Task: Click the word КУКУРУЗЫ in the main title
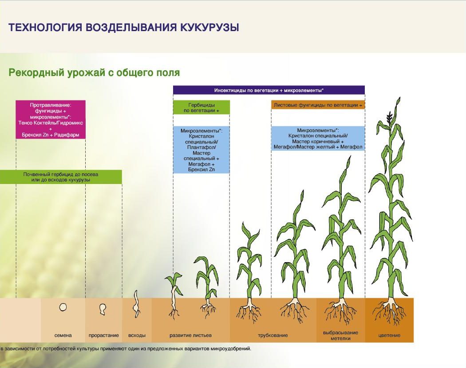[x=209, y=28]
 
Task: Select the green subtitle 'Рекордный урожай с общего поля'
[x=94, y=72]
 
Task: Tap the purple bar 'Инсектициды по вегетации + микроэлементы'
[x=269, y=90]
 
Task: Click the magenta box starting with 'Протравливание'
[x=51, y=120]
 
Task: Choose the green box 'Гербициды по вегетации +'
[x=201, y=108]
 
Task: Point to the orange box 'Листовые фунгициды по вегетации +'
[x=318, y=105]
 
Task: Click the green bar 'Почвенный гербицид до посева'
[x=61, y=177]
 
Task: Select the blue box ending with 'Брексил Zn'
[x=201, y=150]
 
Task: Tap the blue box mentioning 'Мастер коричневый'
[x=318, y=139]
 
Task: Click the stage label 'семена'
[x=63, y=335]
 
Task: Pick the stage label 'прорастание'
[x=104, y=336]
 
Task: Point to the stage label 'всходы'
[x=137, y=336]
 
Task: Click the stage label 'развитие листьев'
[x=190, y=336]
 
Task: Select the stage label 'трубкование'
[x=273, y=336]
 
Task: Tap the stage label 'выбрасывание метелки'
[x=340, y=336]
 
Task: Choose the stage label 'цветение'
[x=389, y=336]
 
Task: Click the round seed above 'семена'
[x=63, y=307]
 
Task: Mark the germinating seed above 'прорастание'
[x=103, y=309]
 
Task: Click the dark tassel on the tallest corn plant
[x=389, y=118]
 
